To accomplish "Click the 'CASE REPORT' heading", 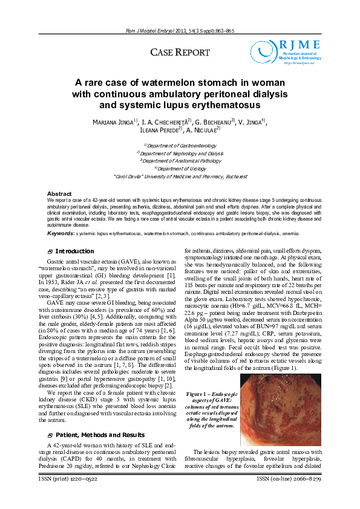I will click(x=180, y=53).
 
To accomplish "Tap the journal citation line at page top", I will click(x=180, y=30).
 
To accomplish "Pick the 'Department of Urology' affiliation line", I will click(x=180, y=169).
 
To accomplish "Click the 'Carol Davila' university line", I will click(x=180, y=177).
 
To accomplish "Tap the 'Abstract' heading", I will click(x=59, y=193).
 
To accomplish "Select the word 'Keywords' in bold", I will click(x=61, y=233).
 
